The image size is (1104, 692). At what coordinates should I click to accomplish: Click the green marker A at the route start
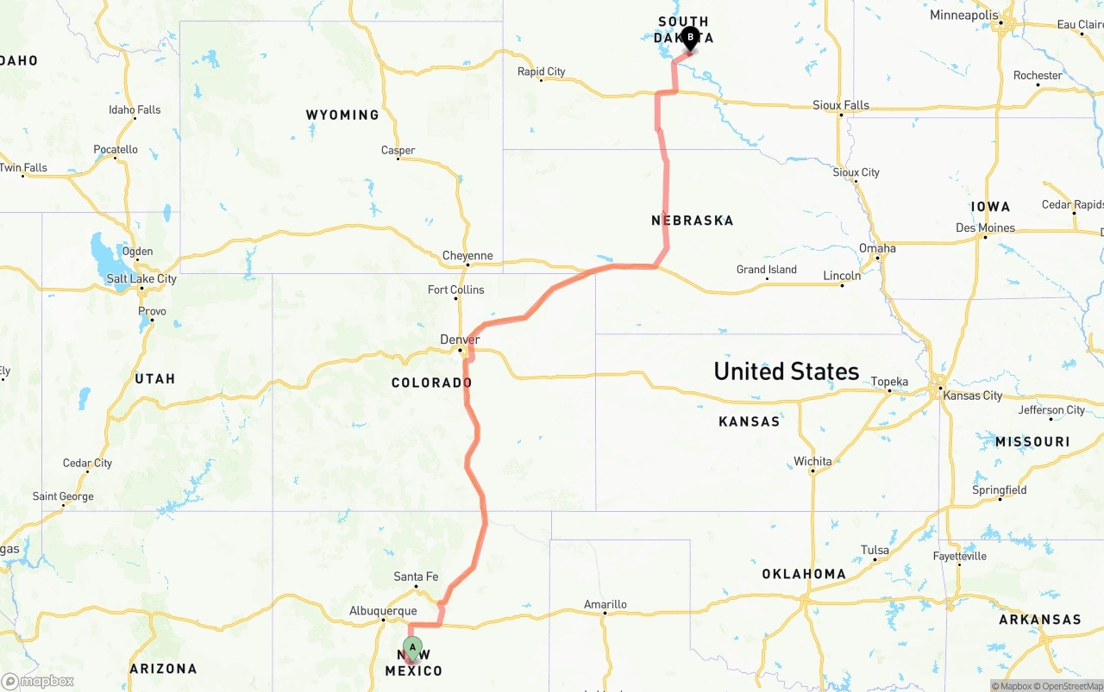click(x=412, y=647)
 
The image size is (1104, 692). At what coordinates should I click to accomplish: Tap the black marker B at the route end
click(x=690, y=37)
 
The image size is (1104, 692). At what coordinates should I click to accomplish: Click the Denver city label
click(x=460, y=340)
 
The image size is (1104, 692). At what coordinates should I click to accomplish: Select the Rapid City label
click(x=541, y=72)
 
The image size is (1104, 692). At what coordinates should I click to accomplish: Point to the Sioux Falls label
click(x=841, y=105)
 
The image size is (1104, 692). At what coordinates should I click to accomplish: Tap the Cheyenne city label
click(x=467, y=255)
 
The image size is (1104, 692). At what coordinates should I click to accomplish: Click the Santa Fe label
click(x=416, y=577)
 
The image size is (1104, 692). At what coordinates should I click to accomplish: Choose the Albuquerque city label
click(x=383, y=611)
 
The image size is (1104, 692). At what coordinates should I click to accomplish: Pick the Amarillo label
click(x=605, y=604)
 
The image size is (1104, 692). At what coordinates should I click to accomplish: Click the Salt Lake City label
click(x=141, y=278)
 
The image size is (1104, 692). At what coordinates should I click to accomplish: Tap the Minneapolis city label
click(x=964, y=16)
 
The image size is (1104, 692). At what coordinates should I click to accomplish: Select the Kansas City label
click(x=973, y=396)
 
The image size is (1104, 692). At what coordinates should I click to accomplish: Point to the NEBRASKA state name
click(x=693, y=221)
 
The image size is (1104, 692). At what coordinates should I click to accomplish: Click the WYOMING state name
click(x=342, y=115)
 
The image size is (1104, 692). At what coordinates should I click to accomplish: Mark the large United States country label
click(x=786, y=371)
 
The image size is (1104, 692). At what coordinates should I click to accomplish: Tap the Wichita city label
click(x=812, y=461)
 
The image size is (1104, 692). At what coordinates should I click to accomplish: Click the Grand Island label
click(x=767, y=270)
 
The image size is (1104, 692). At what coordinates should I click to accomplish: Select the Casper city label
click(x=398, y=150)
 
